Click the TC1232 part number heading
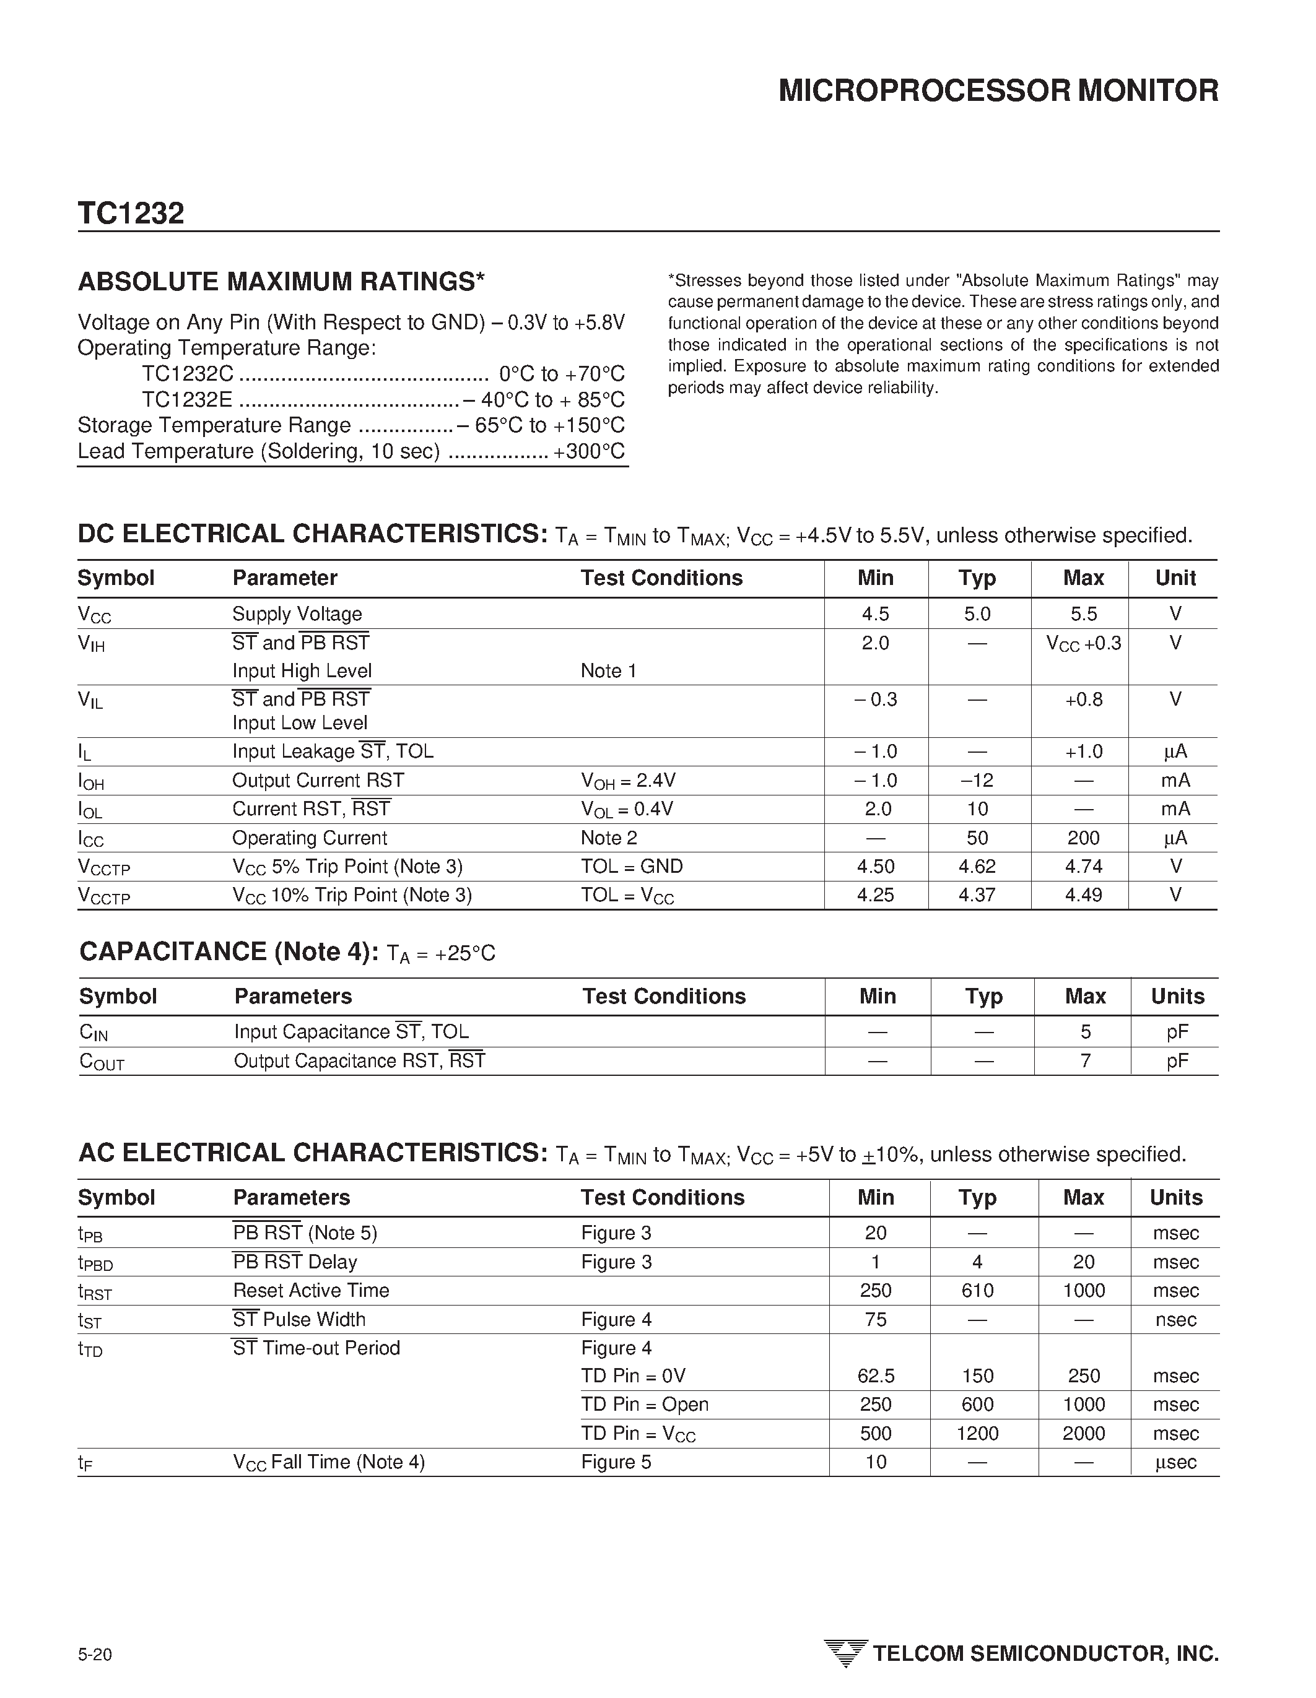point(131,214)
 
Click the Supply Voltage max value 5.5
point(1083,614)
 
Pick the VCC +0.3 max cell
point(1083,644)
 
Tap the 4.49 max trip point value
point(1083,896)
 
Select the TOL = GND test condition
point(632,867)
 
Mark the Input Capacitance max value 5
point(1085,1033)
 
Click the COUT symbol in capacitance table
point(102,1062)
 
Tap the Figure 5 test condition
point(616,1462)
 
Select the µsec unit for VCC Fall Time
point(1175,1462)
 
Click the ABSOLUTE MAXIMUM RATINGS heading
point(281,282)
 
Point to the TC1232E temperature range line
point(383,400)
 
